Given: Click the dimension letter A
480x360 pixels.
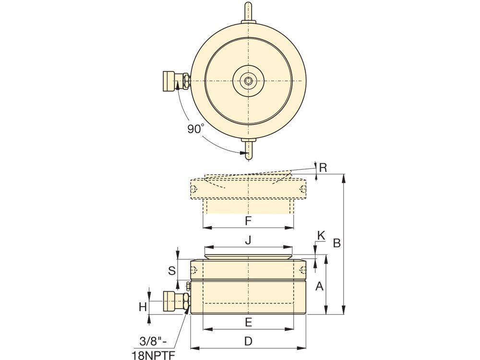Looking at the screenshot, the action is tap(319, 286).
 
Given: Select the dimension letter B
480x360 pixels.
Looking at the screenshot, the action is tap(337, 243).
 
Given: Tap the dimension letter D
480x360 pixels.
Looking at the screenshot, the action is tap(248, 341).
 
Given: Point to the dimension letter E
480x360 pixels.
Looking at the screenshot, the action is tap(248, 323).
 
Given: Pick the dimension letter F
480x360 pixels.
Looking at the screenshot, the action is tap(248, 221).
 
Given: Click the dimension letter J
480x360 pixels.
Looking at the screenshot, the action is tap(248, 240).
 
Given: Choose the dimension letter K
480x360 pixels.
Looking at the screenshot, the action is tap(321, 235).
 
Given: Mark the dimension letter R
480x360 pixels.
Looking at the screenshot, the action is tap(323, 168).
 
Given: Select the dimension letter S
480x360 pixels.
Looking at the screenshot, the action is tap(172, 270).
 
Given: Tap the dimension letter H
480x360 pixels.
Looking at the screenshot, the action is tap(143, 307).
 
